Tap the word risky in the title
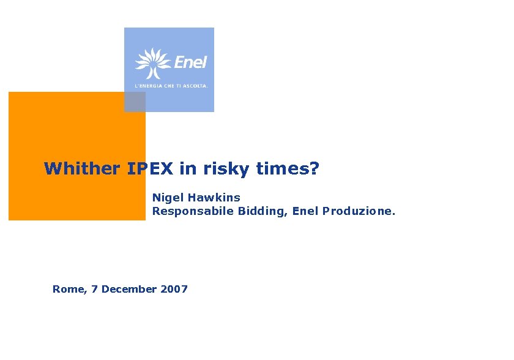pyautogui.click(x=220, y=169)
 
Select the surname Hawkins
pyautogui.click(x=214, y=198)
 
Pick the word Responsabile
pyautogui.click(x=187, y=212)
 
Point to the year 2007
pyautogui.click(x=174, y=289)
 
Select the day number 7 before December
pyautogui.click(x=94, y=289)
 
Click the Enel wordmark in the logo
pyautogui.click(x=190, y=62)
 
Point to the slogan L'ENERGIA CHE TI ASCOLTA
pyautogui.click(x=171, y=86)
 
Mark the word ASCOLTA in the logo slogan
pyautogui.click(x=196, y=86)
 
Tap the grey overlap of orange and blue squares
pyautogui.click(x=135, y=102)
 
